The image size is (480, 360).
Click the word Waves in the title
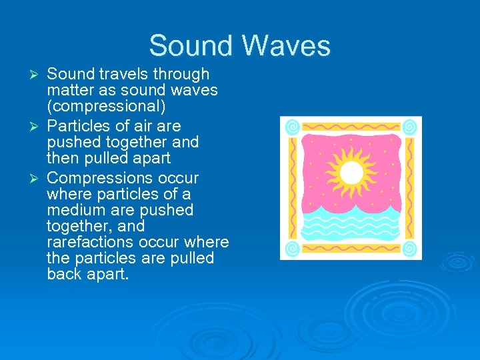tap(287, 46)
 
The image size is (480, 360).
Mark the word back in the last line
tap(64, 274)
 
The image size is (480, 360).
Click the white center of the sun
tap(351, 173)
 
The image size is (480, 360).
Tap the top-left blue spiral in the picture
tap(292, 127)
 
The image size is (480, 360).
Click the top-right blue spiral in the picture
tap(410, 127)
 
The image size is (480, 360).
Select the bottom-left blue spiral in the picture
tap(292, 249)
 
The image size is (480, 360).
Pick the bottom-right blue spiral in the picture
tap(410, 249)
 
